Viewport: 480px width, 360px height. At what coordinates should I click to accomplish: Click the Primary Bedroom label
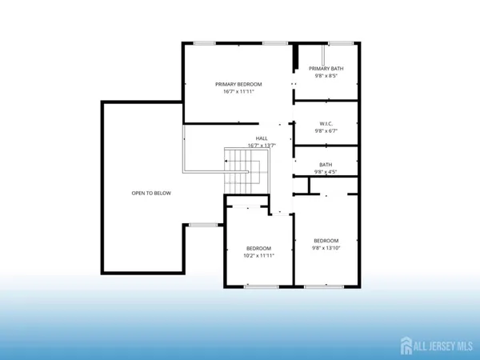pos(238,84)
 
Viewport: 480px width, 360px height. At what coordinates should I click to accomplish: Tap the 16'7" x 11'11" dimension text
pos(238,91)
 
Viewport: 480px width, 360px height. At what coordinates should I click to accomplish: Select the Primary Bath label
pos(326,69)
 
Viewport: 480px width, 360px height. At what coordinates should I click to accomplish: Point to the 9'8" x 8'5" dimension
pos(326,76)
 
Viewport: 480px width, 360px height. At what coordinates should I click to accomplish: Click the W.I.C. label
pos(326,123)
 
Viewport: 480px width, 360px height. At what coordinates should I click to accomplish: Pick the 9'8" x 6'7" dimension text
pos(326,130)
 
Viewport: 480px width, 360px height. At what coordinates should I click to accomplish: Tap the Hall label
pos(239,138)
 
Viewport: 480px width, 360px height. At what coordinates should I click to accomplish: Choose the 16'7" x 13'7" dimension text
pos(239,146)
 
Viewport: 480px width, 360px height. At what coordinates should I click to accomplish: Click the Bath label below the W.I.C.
pos(326,165)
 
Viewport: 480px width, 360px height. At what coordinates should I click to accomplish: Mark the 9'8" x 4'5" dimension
pos(326,172)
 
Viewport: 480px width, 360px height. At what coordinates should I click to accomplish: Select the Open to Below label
pos(151,194)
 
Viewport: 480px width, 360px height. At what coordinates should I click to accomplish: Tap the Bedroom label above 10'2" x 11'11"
pos(258,248)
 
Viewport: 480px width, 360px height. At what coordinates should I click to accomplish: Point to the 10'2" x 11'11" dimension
pos(258,255)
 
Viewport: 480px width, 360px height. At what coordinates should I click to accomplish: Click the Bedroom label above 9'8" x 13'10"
pos(326,241)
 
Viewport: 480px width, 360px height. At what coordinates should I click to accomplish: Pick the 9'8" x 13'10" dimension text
pos(326,248)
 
